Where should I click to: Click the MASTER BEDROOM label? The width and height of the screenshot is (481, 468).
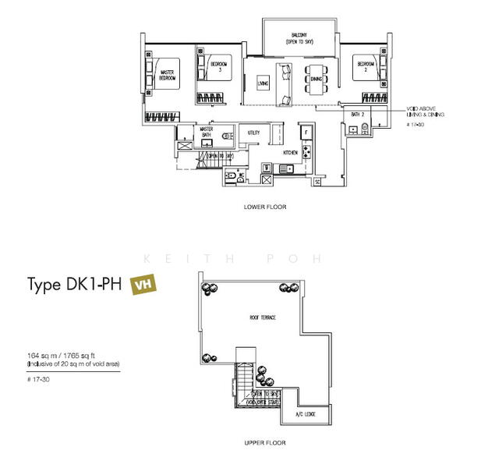pyautogui.click(x=166, y=76)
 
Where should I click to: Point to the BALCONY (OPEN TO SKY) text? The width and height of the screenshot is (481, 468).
pyautogui.click(x=299, y=37)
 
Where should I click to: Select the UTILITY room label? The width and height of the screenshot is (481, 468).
pyautogui.click(x=253, y=133)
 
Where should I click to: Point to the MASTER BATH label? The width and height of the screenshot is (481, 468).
pyautogui.click(x=206, y=132)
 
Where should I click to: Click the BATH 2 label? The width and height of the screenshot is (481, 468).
pyautogui.click(x=358, y=115)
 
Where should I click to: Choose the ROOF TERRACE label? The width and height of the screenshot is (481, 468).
pyautogui.click(x=262, y=317)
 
